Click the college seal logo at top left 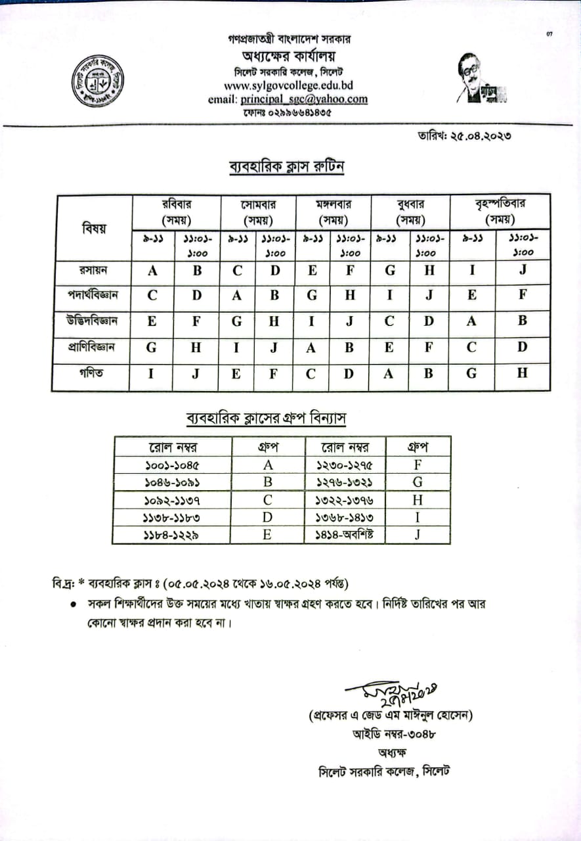(98, 81)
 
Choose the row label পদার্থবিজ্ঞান (93, 296)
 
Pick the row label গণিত (93, 373)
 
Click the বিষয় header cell (93, 228)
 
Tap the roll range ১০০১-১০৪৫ (172, 466)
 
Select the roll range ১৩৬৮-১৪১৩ (345, 517)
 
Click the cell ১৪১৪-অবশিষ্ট (345, 534)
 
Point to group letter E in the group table (268, 534)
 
